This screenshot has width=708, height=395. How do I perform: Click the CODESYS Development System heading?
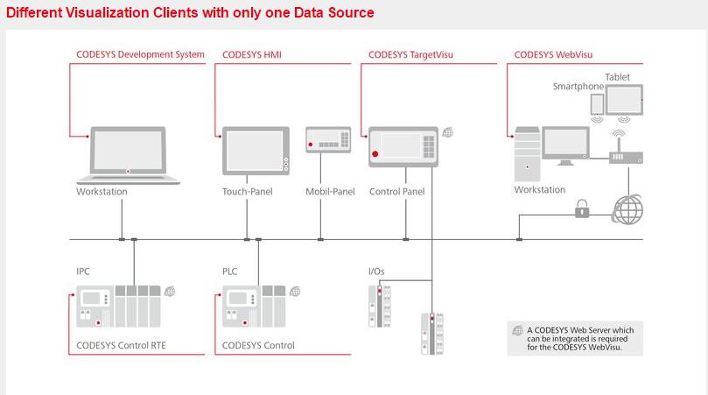[140, 54]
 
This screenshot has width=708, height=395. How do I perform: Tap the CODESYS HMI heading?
[252, 54]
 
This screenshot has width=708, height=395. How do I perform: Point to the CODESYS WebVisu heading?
[553, 54]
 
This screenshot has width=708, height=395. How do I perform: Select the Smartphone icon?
[598, 104]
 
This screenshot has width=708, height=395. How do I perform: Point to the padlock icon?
[580, 208]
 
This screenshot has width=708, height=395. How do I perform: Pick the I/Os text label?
[375, 272]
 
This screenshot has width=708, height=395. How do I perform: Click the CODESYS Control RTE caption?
[121, 345]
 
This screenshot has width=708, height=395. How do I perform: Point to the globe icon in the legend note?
[516, 330]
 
